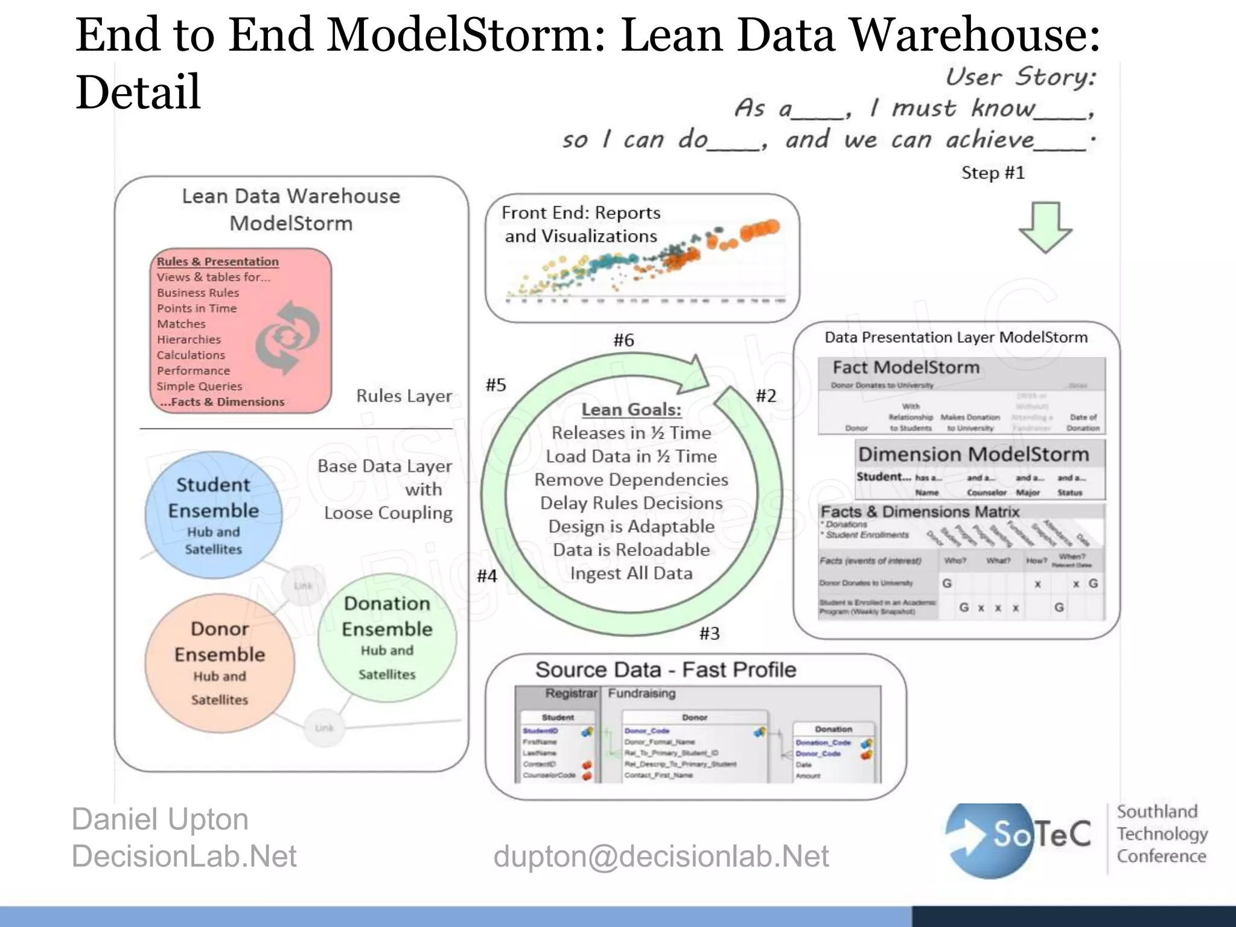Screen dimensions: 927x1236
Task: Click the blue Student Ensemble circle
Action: (x=213, y=515)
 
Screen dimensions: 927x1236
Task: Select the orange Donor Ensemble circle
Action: (x=220, y=663)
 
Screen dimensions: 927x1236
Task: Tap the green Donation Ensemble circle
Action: (x=387, y=637)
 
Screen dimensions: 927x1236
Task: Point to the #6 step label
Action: (x=623, y=340)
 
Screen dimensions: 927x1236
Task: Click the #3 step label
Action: (x=709, y=634)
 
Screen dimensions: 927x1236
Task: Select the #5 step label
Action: (x=495, y=385)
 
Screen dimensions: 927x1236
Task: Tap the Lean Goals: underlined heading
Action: (x=631, y=410)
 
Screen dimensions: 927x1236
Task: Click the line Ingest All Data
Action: (x=631, y=573)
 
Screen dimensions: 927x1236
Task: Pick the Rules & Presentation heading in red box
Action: (x=218, y=261)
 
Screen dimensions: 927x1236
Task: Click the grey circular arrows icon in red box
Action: (x=287, y=337)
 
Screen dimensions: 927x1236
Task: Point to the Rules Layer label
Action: (x=404, y=396)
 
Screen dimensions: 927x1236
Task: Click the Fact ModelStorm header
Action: (x=906, y=368)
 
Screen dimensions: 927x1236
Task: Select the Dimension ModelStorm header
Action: (x=973, y=454)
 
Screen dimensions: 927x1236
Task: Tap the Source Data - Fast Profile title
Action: (x=666, y=670)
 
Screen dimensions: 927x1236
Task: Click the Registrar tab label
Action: (x=570, y=693)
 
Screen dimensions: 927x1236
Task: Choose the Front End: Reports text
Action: (x=581, y=213)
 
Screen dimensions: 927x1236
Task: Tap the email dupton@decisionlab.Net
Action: (x=661, y=856)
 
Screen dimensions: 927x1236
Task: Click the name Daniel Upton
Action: (x=160, y=820)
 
